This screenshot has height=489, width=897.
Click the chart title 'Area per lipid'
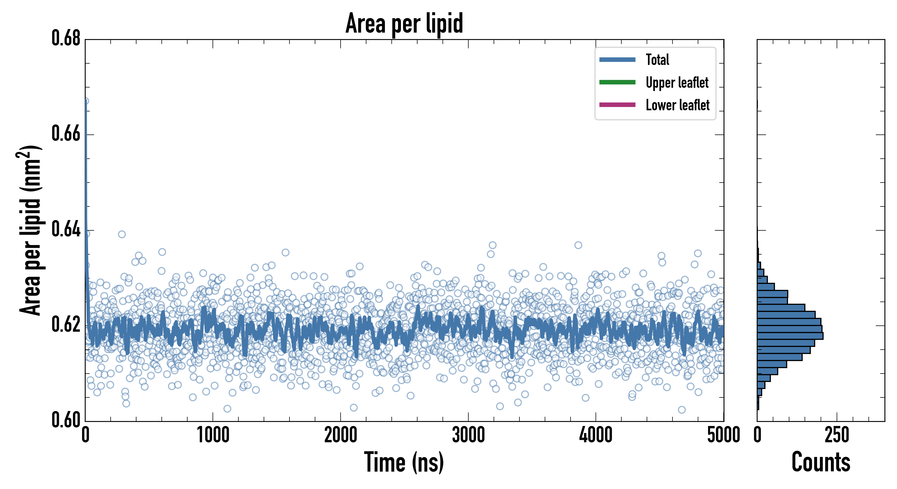(404, 23)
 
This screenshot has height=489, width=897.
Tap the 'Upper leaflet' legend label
(677, 83)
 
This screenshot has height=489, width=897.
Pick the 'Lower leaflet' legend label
(677, 105)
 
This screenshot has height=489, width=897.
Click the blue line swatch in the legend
(617, 59)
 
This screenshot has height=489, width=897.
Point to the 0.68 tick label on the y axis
(66, 38)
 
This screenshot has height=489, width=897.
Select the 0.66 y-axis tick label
(66, 134)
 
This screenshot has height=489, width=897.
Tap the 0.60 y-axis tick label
(66, 420)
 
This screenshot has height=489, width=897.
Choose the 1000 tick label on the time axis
(213, 435)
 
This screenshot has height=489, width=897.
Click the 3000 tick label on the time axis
(468, 435)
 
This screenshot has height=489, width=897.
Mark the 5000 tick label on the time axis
(724, 435)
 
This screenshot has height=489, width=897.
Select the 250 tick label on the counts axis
(837, 435)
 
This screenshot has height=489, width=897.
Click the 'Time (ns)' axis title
(404, 462)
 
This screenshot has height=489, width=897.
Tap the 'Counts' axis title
(821, 462)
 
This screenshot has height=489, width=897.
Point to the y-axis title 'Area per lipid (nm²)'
(30, 230)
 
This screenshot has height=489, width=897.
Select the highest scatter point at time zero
(86, 101)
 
